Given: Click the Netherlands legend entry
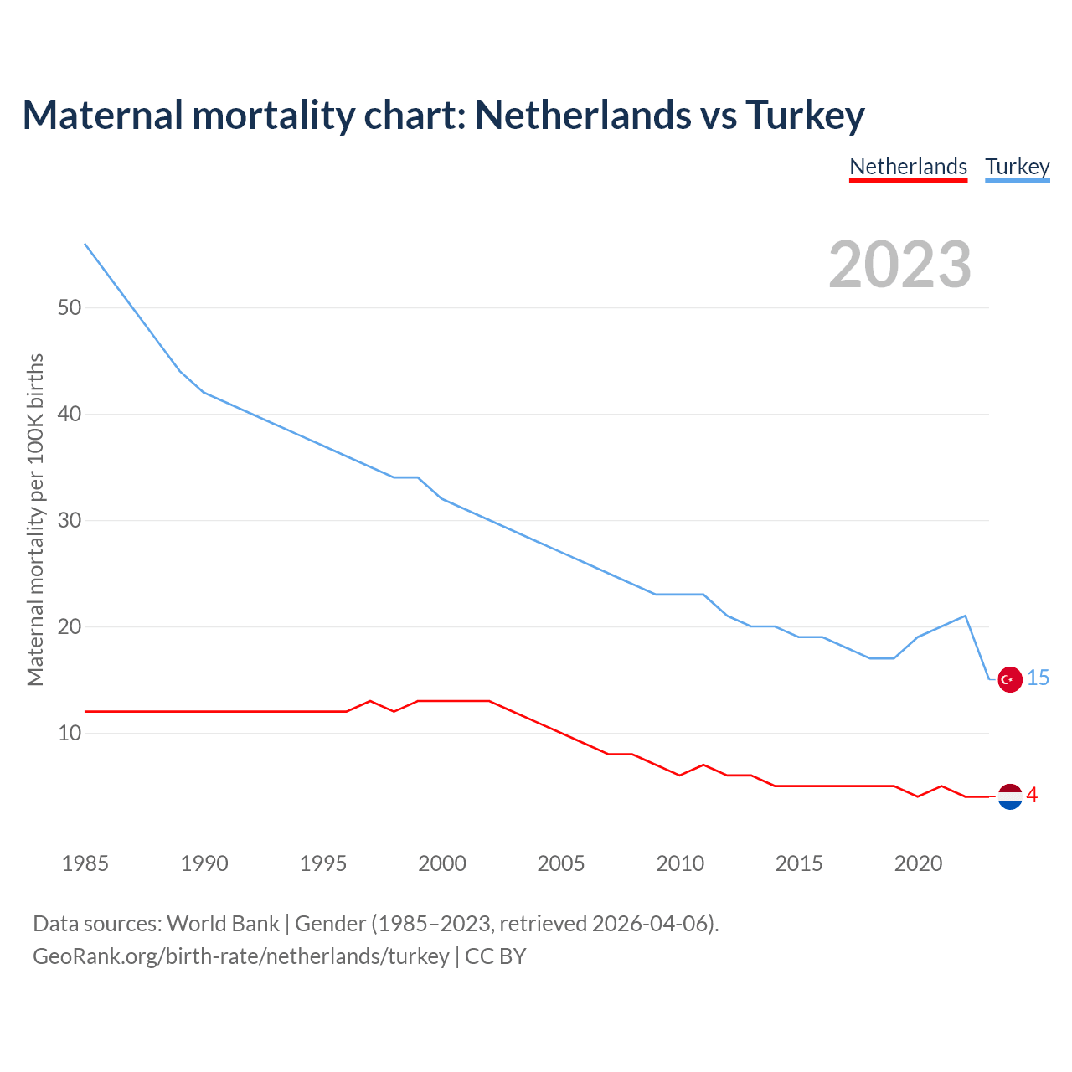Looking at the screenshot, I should [908, 167].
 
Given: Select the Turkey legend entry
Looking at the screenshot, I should [1017, 167].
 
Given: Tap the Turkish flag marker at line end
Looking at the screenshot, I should [1010, 679].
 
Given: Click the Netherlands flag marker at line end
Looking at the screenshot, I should [1010, 796].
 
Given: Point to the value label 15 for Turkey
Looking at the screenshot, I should [1038, 678].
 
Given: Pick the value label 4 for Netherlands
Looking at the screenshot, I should [1032, 796].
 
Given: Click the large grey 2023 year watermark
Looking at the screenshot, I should [899, 265].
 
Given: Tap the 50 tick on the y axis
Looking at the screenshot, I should [70, 307].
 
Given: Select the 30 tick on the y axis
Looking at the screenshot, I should [70, 520].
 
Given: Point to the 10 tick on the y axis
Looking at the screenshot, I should [70, 733].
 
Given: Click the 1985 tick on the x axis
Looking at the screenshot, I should [85, 863].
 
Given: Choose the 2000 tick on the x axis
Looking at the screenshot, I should [442, 863].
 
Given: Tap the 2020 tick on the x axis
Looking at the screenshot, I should [918, 863].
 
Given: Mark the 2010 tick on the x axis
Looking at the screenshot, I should [680, 863].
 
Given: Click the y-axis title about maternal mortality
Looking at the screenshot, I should [35, 519].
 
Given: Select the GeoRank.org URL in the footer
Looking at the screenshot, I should [241, 956].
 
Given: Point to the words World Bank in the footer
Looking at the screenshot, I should [223, 924].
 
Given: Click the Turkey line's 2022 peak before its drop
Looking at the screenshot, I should [966, 616].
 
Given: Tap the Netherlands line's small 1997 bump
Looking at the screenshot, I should [370, 701].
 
